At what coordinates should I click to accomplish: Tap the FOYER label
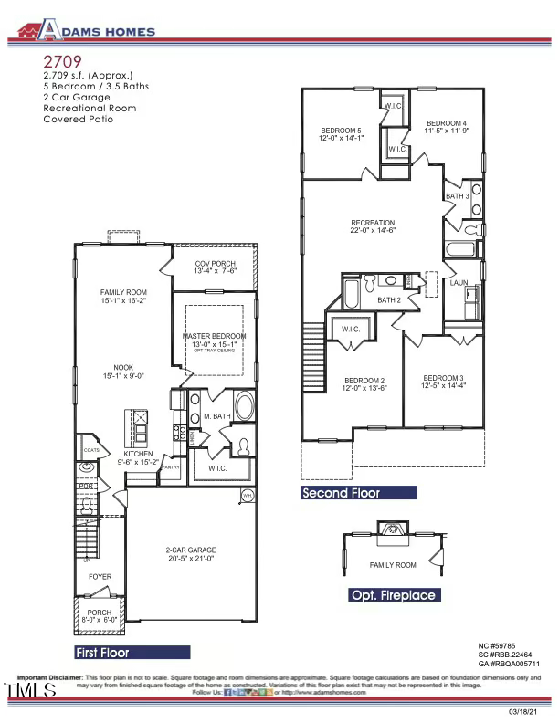coord(100,577)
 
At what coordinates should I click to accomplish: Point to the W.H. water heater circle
coord(247,496)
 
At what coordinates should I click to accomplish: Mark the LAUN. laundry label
coord(459,284)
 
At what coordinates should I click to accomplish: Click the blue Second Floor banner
coord(359,493)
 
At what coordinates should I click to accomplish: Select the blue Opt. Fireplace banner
coord(394,595)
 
